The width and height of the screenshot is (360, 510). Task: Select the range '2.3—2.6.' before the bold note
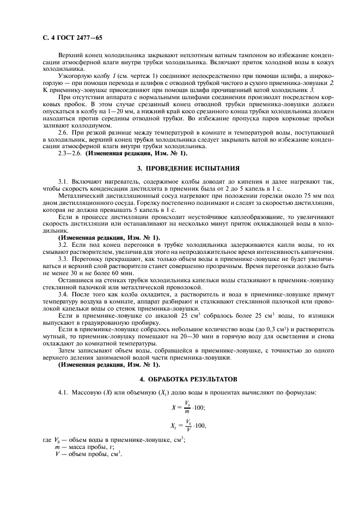click(x=70, y=154)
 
